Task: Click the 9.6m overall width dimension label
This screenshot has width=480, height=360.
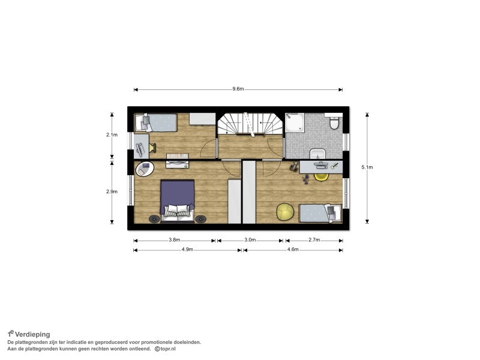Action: tap(238, 89)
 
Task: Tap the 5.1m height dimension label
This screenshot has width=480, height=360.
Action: tap(367, 167)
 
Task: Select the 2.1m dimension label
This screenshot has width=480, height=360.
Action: tap(112, 134)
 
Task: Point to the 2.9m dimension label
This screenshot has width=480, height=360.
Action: tap(112, 191)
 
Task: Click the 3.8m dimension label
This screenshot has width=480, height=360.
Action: tap(174, 240)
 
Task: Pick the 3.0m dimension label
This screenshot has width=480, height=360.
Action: tap(250, 240)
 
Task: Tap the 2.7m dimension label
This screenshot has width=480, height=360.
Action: tap(314, 240)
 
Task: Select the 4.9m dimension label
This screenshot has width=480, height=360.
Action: tap(187, 250)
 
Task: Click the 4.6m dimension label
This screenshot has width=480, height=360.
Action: tap(293, 250)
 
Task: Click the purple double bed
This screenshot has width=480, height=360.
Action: tap(178, 200)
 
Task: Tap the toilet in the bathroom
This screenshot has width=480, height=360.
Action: tap(334, 122)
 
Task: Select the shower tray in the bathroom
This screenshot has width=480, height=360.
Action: tap(295, 122)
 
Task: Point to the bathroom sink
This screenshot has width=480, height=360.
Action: tap(317, 154)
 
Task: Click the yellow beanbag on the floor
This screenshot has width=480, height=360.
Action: tap(286, 212)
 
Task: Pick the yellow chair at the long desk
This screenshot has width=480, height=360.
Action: tap(322, 177)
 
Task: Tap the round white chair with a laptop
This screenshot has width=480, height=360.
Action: tap(145, 169)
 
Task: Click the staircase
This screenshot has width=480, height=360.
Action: tap(250, 124)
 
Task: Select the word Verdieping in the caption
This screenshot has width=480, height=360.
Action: tap(32, 334)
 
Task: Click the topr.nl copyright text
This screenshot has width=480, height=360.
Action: tap(166, 349)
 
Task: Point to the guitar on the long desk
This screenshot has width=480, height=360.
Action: tap(334, 166)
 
